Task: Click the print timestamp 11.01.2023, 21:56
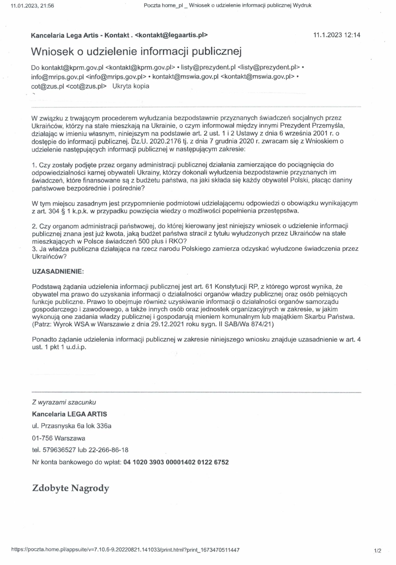tap(32, 6)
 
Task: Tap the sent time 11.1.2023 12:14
tap(337, 35)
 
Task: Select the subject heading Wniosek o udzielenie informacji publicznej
tap(136, 52)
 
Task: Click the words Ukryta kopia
tap(131, 86)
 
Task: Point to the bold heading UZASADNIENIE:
tap(58, 271)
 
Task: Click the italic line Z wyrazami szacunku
tap(64, 402)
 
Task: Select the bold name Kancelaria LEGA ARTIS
tap(70, 414)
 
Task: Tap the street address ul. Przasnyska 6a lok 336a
tap(72, 426)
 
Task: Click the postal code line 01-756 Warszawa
tap(59, 438)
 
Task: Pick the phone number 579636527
tap(59, 450)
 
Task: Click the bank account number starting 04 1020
tap(176, 462)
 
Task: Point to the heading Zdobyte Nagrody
tap(71, 488)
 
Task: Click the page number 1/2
tap(378, 551)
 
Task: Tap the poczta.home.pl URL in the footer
tap(125, 550)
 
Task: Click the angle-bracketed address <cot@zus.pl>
tap(86, 86)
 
